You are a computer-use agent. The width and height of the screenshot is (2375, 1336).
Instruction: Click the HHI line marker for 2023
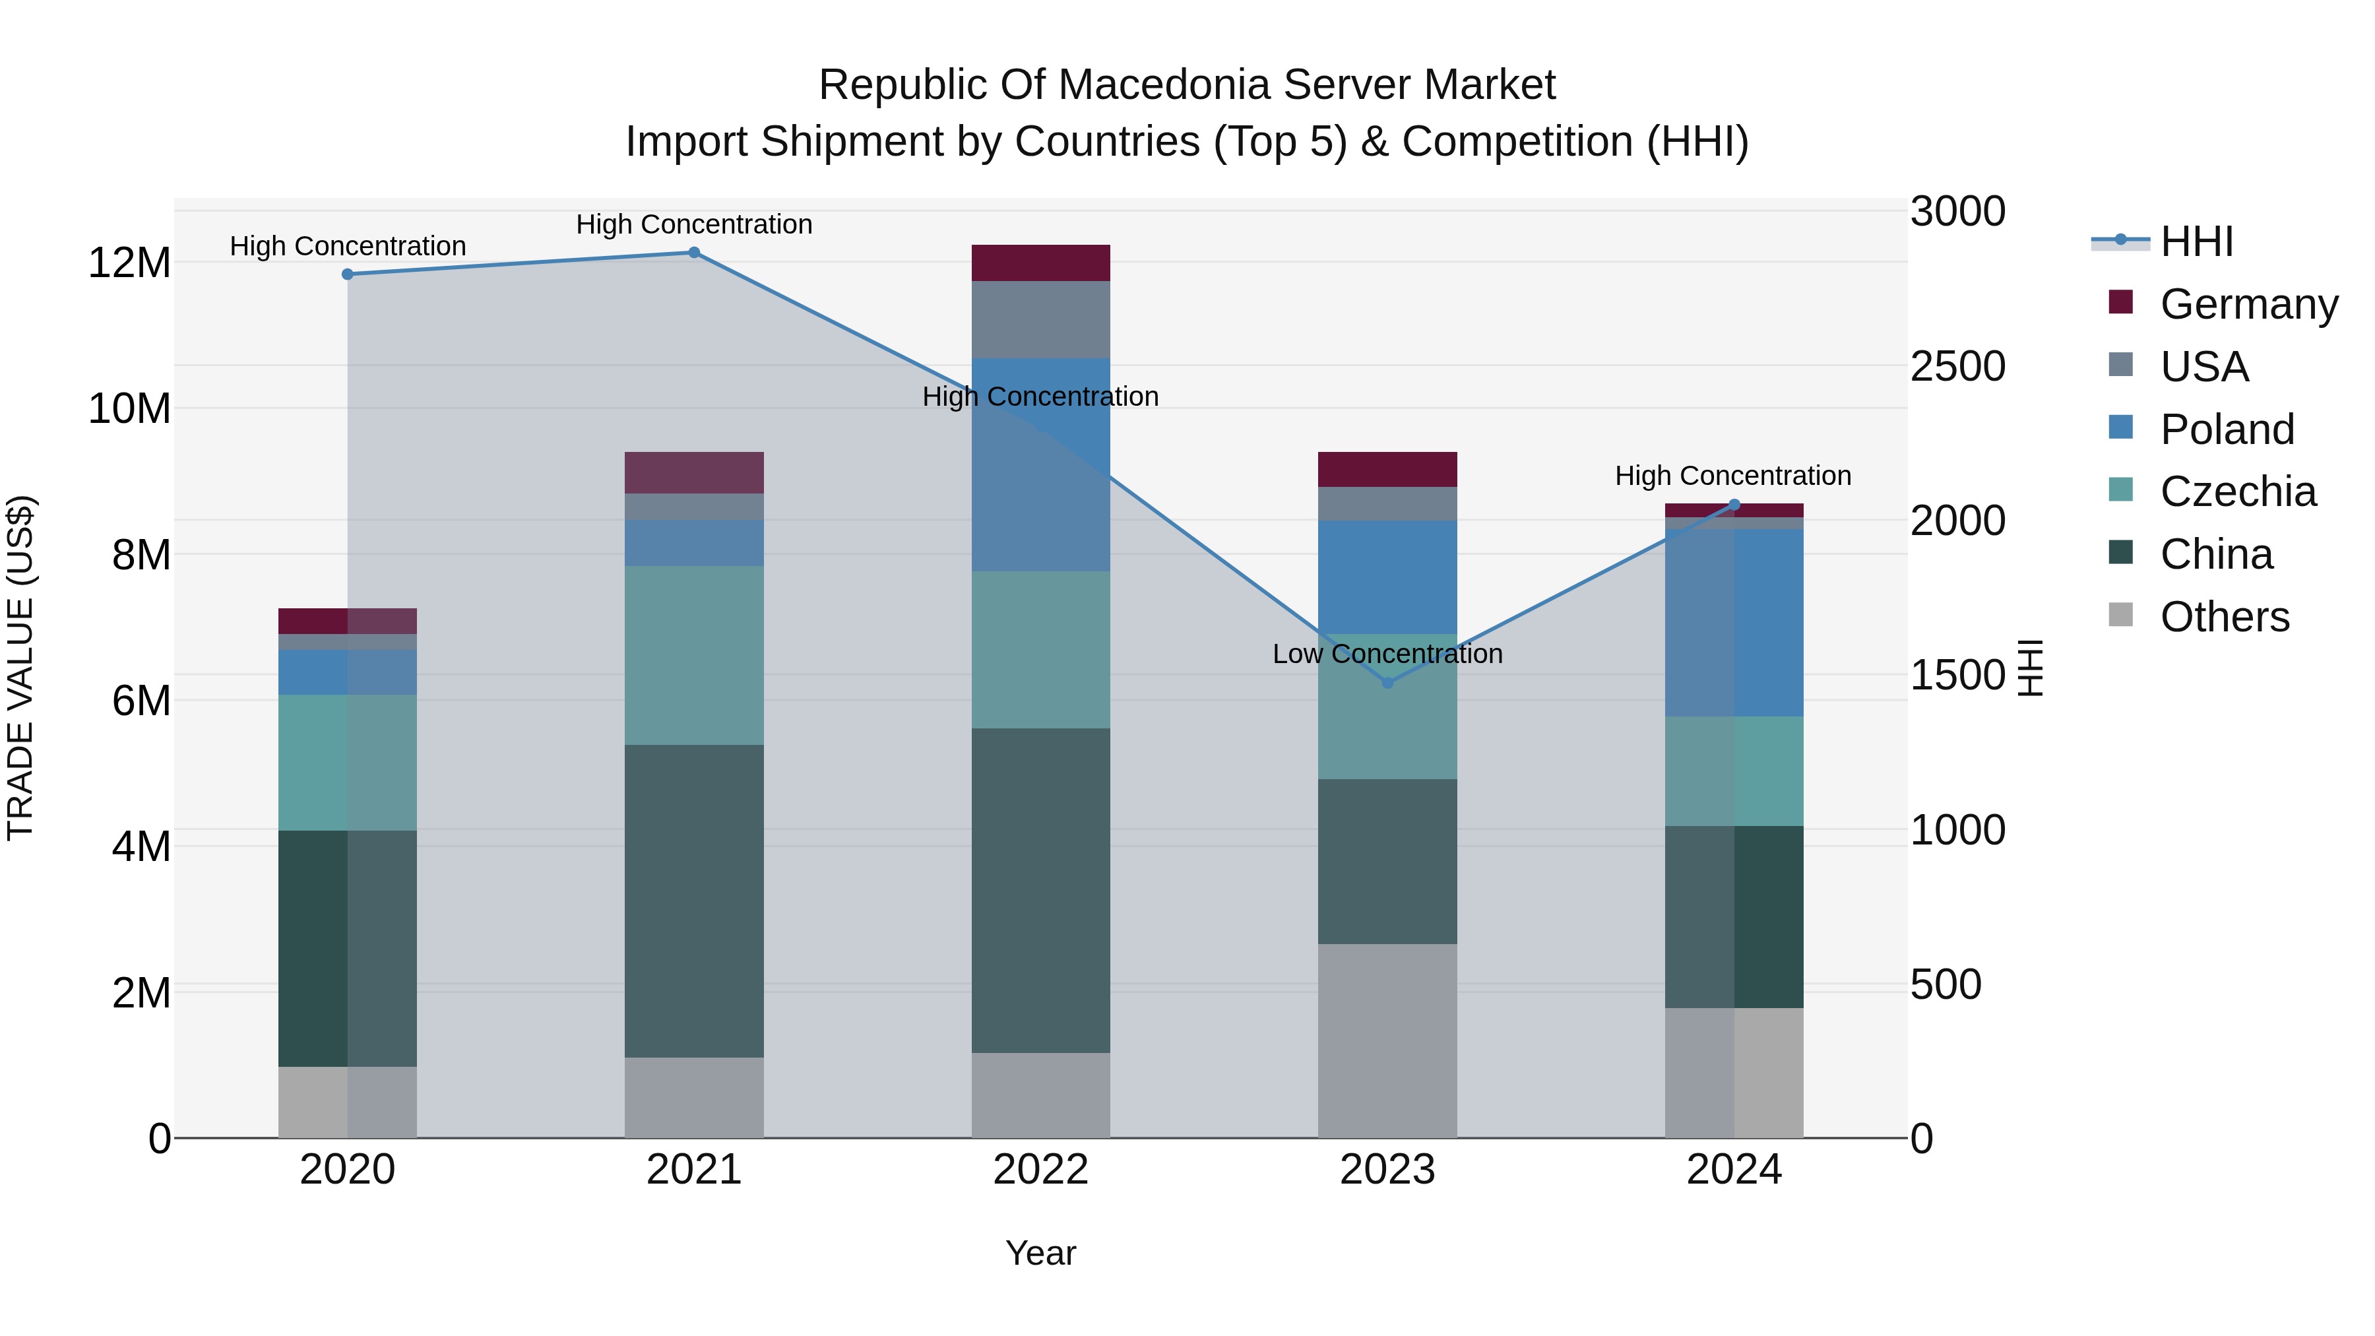coord(1387,682)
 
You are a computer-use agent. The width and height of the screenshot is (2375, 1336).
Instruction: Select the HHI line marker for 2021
coord(694,253)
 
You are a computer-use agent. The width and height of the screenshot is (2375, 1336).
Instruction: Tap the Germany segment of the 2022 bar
coord(1041,263)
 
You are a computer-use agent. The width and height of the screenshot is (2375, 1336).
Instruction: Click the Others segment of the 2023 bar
coord(1387,1040)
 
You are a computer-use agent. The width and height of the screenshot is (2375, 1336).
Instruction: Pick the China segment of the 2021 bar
coord(694,901)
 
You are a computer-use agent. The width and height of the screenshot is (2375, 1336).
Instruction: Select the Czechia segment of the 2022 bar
coord(1041,649)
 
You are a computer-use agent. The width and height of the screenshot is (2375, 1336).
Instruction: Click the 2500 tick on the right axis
coord(1957,366)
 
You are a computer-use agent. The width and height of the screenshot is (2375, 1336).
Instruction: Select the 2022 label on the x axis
coord(1041,1170)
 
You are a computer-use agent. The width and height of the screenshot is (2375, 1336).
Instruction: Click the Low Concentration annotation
coord(1387,654)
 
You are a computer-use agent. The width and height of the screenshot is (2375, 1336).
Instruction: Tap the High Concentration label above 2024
coord(1733,476)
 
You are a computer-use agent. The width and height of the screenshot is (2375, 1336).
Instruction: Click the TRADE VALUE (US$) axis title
coord(20,668)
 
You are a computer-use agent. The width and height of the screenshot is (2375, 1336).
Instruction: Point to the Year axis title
coord(1041,1253)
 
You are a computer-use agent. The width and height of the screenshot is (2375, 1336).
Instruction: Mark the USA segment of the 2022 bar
coord(1041,319)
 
